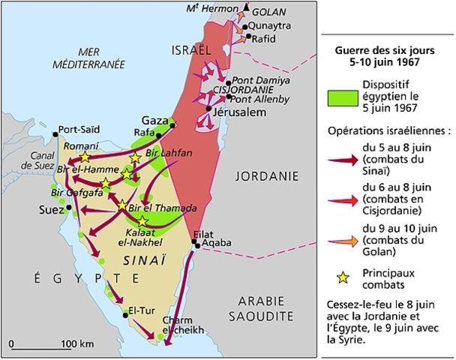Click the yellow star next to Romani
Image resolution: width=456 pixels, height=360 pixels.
85,157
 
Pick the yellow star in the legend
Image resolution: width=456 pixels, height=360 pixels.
343,278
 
